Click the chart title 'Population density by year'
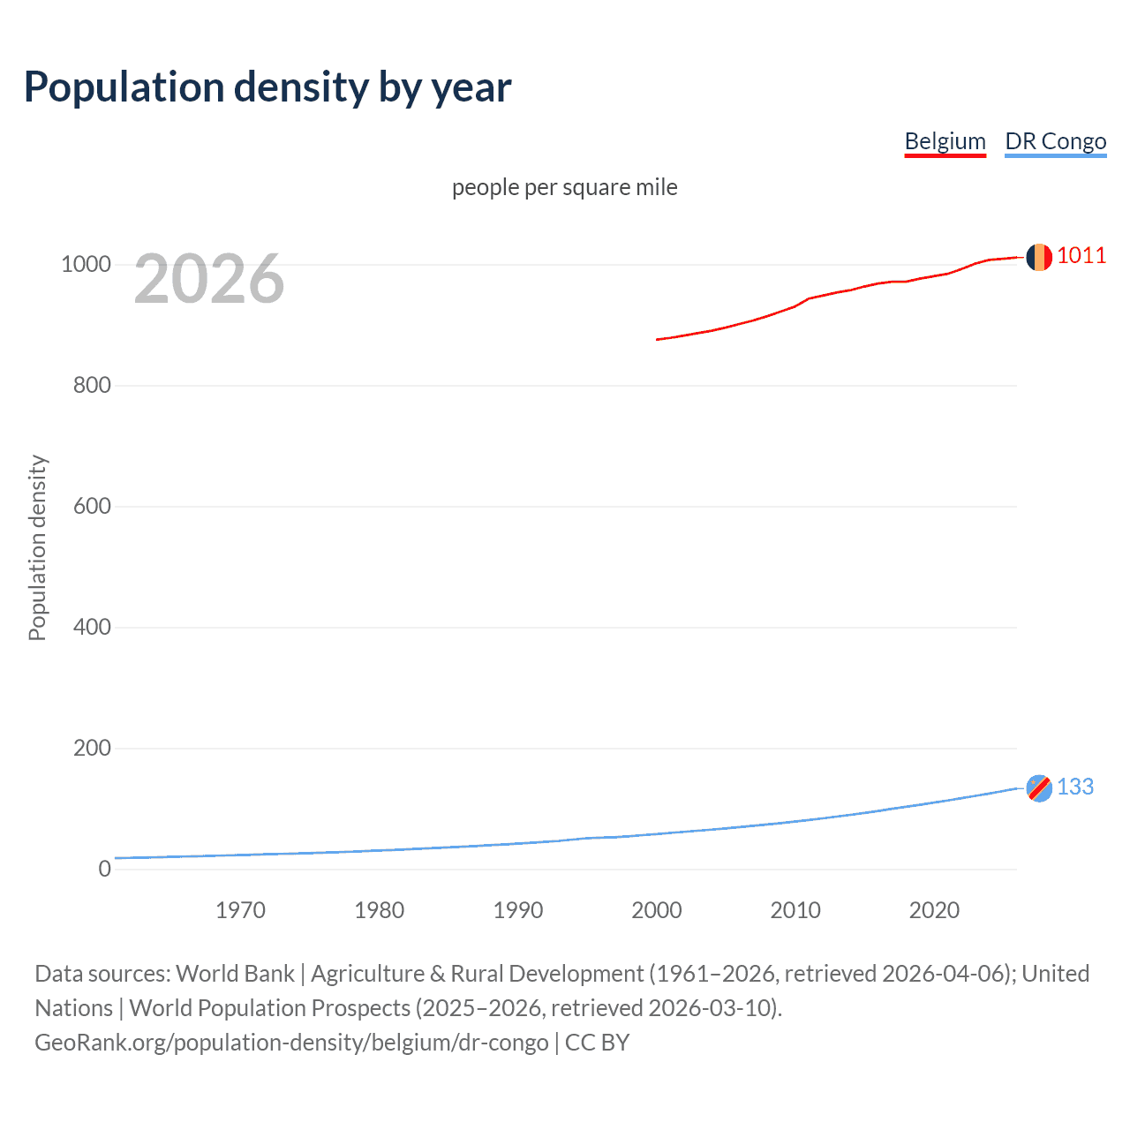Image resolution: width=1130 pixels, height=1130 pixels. [267, 87]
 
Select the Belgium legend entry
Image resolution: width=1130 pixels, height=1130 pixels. [945, 141]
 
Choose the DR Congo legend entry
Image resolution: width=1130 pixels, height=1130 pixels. [1055, 141]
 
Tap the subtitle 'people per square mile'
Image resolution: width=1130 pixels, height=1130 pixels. [565, 187]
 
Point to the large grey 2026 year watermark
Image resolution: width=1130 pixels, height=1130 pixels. [209, 279]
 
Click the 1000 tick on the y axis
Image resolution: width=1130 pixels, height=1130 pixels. [86, 265]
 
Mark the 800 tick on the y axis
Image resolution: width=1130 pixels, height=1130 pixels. [92, 386]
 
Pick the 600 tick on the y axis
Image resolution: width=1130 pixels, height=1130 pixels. [92, 507]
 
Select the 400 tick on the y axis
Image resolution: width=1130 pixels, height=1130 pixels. [92, 628]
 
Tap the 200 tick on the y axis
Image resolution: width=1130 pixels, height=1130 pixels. [92, 749]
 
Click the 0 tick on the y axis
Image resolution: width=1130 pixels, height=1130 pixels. [105, 870]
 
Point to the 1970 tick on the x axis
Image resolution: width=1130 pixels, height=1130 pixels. [241, 910]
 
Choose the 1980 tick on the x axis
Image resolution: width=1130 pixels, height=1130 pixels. [380, 910]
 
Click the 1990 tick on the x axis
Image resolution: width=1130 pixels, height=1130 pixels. [518, 910]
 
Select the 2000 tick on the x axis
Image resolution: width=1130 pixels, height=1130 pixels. [657, 910]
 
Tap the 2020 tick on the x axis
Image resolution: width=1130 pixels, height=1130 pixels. [934, 910]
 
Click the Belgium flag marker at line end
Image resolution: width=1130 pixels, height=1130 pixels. [1039, 257]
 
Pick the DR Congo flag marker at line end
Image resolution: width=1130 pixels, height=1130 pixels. [1039, 787]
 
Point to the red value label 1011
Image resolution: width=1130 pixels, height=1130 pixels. [1081, 256]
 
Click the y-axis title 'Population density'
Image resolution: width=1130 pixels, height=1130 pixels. [37, 547]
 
